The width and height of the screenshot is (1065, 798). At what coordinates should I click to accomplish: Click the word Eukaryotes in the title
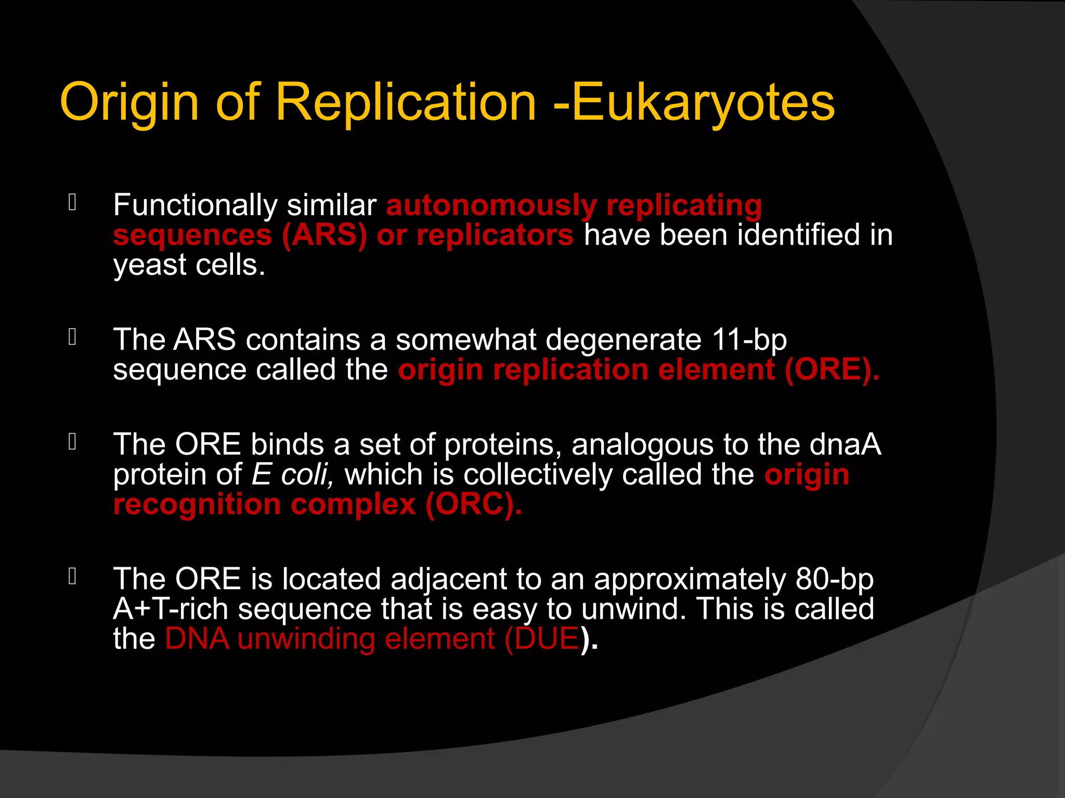[x=703, y=102]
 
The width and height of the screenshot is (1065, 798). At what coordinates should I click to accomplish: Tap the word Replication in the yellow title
[x=406, y=102]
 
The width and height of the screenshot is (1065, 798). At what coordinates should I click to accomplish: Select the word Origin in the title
[x=129, y=102]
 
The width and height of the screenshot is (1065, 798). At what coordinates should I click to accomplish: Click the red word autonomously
[x=491, y=205]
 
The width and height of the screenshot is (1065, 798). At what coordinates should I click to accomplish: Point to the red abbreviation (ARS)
[x=324, y=235]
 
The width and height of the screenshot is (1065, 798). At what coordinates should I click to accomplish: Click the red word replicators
[x=495, y=235]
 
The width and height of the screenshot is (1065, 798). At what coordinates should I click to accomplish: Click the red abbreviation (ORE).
[x=832, y=370]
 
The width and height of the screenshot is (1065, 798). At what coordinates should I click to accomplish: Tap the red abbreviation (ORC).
[x=473, y=504]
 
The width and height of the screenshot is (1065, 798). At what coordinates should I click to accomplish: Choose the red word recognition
[x=197, y=504]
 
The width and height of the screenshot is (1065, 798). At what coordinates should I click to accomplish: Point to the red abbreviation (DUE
[x=542, y=639]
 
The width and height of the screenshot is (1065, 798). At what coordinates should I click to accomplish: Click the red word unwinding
[x=306, y=639]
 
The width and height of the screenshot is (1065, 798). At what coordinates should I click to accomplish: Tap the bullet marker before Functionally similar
[x=72, y=203]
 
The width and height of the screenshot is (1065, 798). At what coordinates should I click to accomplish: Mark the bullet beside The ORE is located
[x=72, y=576]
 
